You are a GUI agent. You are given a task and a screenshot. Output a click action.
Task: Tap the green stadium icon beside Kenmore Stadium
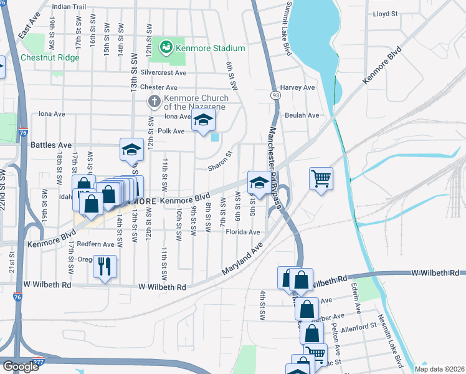(166, 47)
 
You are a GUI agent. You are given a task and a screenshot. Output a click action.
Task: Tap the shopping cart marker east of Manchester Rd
(321, 179)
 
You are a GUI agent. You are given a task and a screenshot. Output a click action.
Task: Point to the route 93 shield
(275, 95)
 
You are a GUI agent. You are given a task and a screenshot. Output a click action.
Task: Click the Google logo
(21, 367)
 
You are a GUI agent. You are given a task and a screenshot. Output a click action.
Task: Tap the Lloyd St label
(385, 13)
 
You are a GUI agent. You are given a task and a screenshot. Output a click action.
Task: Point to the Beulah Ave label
(302, 115)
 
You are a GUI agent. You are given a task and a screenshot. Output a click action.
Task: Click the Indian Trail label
(69, 6)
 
